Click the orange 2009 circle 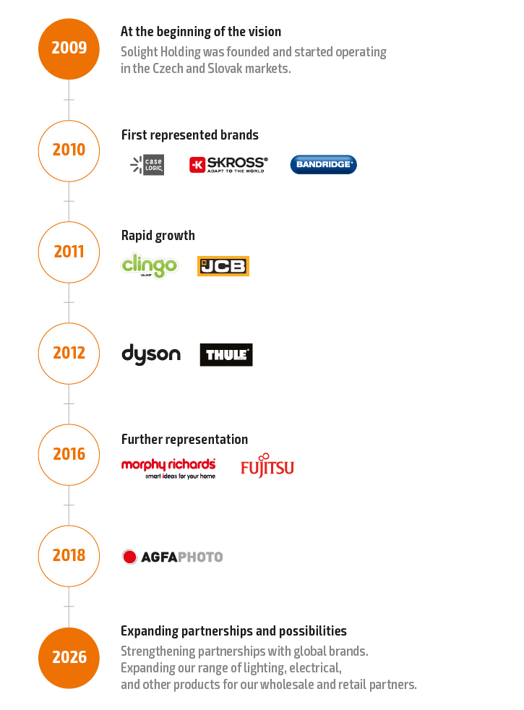click(69, 48)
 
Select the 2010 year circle click(69, 150)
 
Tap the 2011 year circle click(69, 252)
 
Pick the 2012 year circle click(69, 353)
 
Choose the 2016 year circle click(69, 454)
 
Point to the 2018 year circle click(69, 555)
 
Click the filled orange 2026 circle click(69, 657)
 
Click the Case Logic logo click(147, 165)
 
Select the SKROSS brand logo click(228, 165)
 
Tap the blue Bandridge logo click(323, 165)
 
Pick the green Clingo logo click(149, 265)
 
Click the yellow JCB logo click(223, 266)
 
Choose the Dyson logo click(150, 354)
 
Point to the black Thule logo click(226, 355)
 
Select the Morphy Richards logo click(168, 467)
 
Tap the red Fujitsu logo click(267, 466)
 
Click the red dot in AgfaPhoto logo click(129, 557)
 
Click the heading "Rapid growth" click(158, 236)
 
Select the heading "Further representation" click(184, 440)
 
